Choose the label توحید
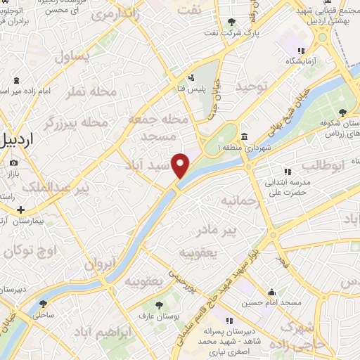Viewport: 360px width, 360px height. coord(253,86)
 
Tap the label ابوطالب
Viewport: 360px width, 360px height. coord(324,165)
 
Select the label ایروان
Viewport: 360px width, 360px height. coord(100,264)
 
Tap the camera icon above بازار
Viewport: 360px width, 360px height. coord(14,163)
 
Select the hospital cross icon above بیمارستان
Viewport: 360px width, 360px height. coord(21,210)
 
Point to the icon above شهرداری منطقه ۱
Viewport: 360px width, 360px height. coord(243,136)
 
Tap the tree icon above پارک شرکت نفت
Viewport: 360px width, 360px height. coord(251,22)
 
